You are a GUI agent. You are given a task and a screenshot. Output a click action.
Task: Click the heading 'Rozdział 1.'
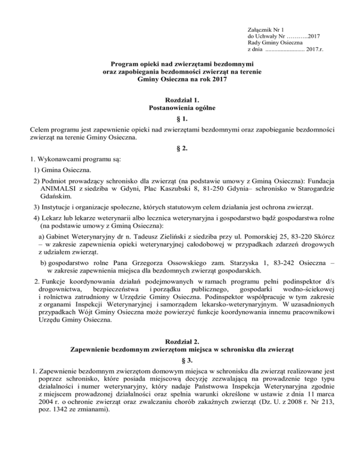[x=180, y=101]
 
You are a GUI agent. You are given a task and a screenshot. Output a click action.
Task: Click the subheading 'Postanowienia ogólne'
[x=180, y=109]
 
